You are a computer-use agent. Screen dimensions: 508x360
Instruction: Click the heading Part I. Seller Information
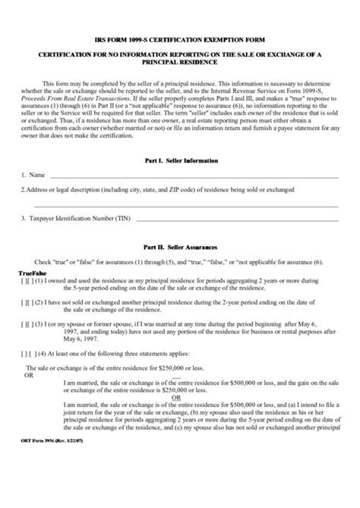coord(180,162)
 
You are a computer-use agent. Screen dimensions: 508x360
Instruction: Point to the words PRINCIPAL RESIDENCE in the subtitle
coord(180,62)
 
